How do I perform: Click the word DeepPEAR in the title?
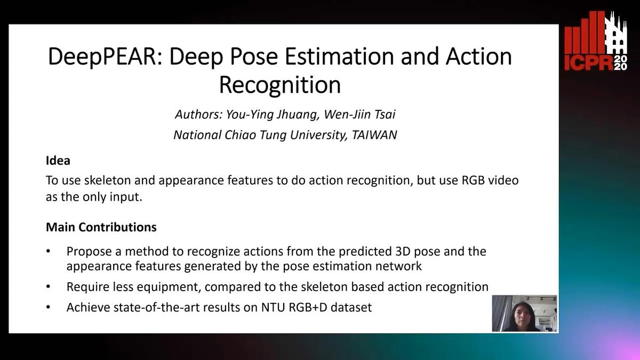105,57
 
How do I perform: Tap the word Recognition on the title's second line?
280,85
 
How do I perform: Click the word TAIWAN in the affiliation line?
374,135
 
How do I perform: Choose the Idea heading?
58,160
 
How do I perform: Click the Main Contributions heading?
101,227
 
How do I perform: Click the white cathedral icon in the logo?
617,35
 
